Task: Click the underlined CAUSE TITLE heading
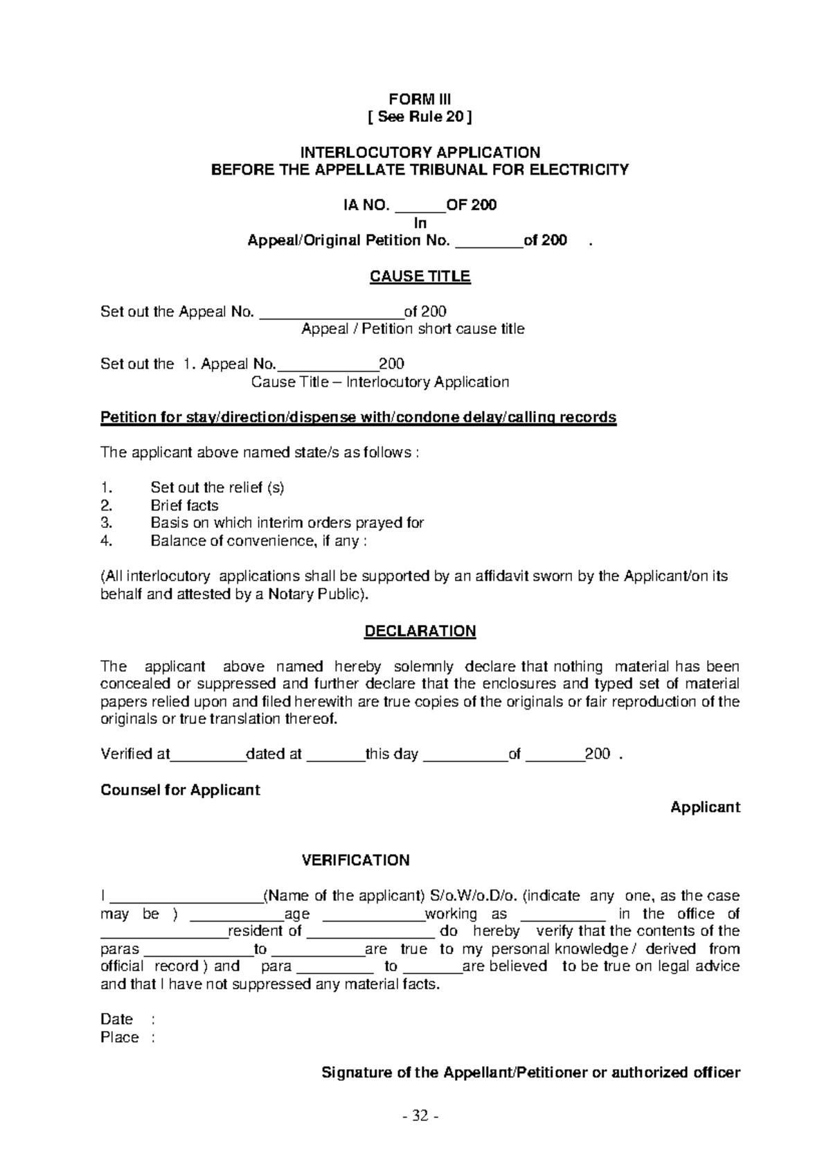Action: [420, 276]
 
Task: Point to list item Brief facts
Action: [184, 506]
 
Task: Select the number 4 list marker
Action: [106, 541]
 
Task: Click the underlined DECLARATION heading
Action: [420, 631]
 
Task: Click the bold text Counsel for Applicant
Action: [180, 790]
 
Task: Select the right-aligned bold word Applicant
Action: [705, 807]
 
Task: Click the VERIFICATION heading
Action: [356, 860]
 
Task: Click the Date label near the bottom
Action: [116, 1019]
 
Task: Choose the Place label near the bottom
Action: [119, 1037]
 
